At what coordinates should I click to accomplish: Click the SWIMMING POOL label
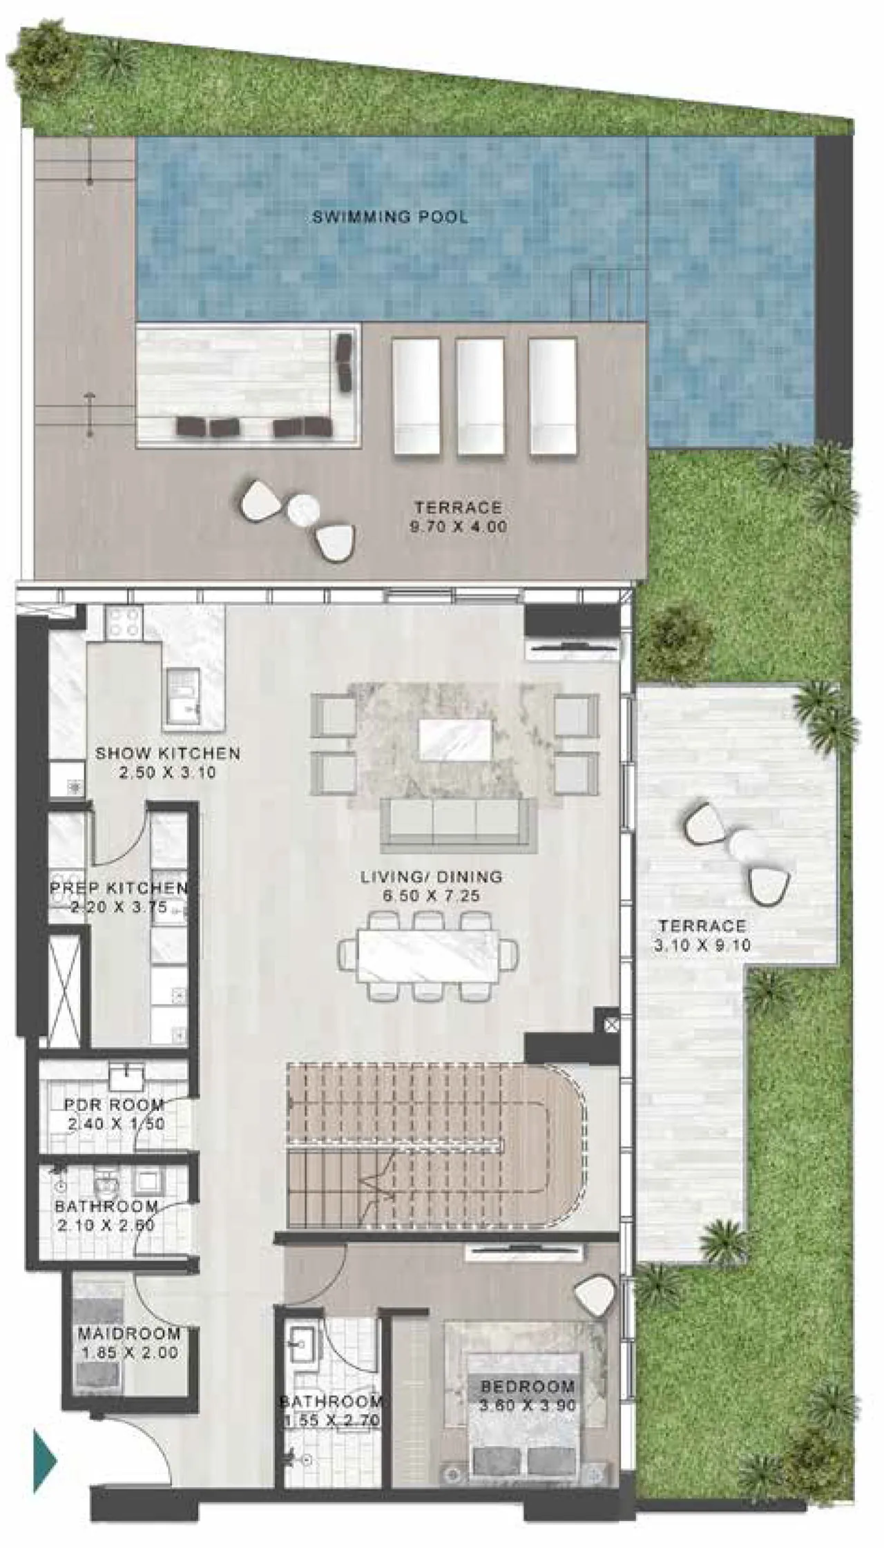tap(390, 217)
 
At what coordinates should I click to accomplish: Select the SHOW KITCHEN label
tap(168, 753)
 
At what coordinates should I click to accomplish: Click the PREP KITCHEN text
tap(119, 887)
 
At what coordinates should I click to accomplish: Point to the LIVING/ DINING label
tap(431, 877)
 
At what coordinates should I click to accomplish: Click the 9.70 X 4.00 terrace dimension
tap(459, 527)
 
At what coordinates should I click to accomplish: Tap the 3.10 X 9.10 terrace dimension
tap(702, 945)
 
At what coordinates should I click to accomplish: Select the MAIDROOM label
tap(129, 1333)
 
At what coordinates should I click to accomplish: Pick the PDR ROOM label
tap(114, 1105)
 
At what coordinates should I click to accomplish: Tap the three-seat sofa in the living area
tap(457, 825)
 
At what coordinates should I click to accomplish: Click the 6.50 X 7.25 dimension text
tap(431, 896)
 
